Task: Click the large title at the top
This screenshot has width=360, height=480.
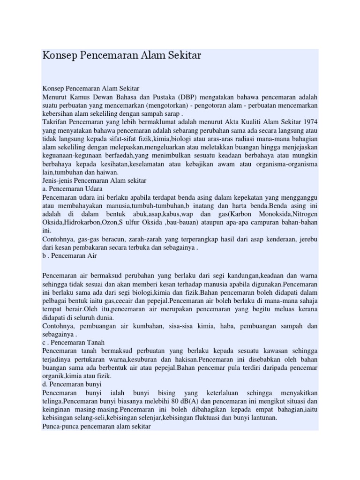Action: point(121,55)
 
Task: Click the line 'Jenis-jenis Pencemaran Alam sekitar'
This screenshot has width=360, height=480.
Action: point(94,180)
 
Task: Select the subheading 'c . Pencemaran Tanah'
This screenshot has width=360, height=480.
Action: point(73,343)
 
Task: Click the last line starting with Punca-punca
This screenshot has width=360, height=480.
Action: point(96,427)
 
